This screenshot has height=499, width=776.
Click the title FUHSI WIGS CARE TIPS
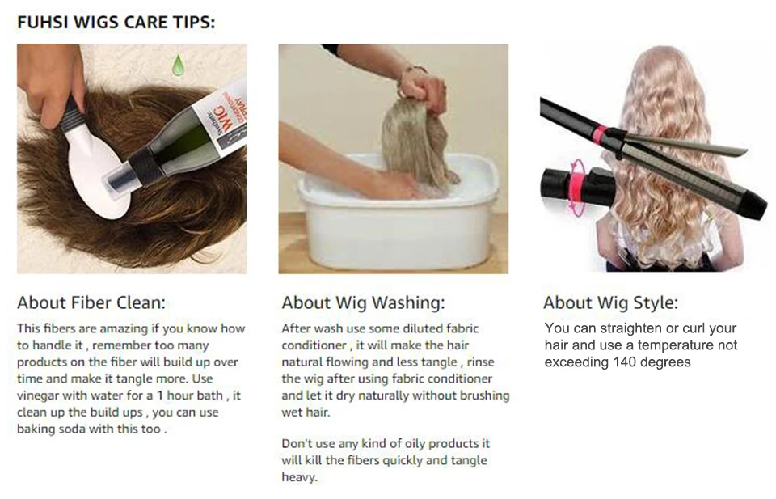(x=116, y=23)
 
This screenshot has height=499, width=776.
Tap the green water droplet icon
(x=178, y=66)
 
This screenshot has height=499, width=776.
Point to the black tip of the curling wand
(x=754, y=204)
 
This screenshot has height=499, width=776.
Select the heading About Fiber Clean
(x=91, y=302)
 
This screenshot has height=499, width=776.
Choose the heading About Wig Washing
(x=363, y=302)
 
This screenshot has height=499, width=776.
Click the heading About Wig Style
(x=611, y=302)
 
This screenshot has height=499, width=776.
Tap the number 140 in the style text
(x=625, y=362)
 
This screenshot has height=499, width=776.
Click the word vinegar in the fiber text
(x=38, y=395)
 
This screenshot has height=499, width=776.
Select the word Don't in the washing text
(x=297, y=443)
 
